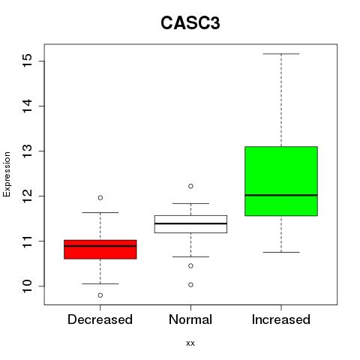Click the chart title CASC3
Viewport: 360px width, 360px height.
190,23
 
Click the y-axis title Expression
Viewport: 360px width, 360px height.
7,174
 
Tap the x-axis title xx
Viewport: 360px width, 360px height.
190,343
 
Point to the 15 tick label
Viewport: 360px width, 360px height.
28,61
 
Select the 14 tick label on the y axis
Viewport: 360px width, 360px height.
28,106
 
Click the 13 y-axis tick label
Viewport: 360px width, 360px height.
28,151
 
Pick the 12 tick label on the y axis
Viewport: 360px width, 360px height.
28,196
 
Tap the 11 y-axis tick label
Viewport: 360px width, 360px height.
28,241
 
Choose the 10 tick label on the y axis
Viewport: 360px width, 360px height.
28,286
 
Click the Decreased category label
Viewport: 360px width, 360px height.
100,319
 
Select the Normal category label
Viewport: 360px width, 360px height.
190,319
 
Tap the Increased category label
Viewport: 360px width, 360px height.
281,319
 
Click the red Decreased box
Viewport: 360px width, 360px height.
100,249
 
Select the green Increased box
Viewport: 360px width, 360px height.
281,181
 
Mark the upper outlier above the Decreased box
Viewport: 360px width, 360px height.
100,198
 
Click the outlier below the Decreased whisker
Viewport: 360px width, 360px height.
100,295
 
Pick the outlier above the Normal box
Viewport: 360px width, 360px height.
190,186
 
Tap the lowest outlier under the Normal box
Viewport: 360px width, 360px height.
190,285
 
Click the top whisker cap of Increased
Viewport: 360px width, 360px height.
281,54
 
